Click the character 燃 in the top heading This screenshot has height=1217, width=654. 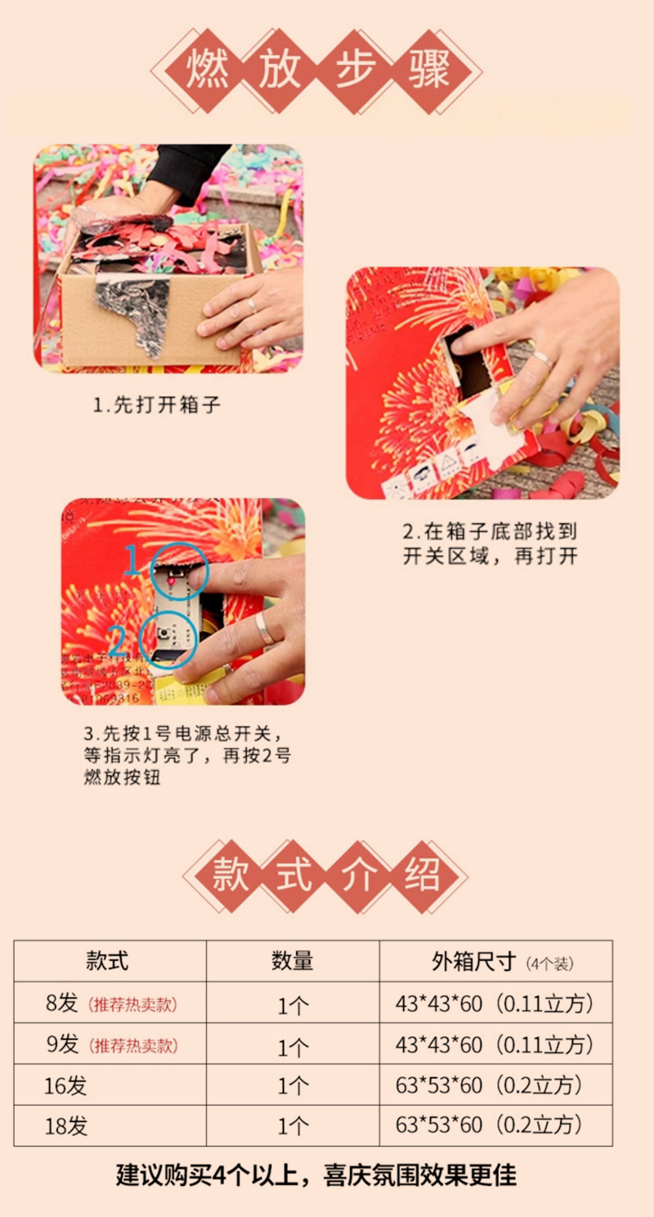tap(208, 70)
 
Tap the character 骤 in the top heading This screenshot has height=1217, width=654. tap(430, 70)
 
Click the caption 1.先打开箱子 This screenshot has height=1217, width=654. tap(156, 405)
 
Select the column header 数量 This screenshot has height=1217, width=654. tap(292, 960)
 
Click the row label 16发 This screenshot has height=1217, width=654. tap(65, 1085)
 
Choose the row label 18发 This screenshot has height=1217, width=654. tap(65, 1126)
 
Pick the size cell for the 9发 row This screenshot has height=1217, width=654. tap(494, 1044)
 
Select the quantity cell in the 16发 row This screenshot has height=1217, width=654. tap(292, 1085)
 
